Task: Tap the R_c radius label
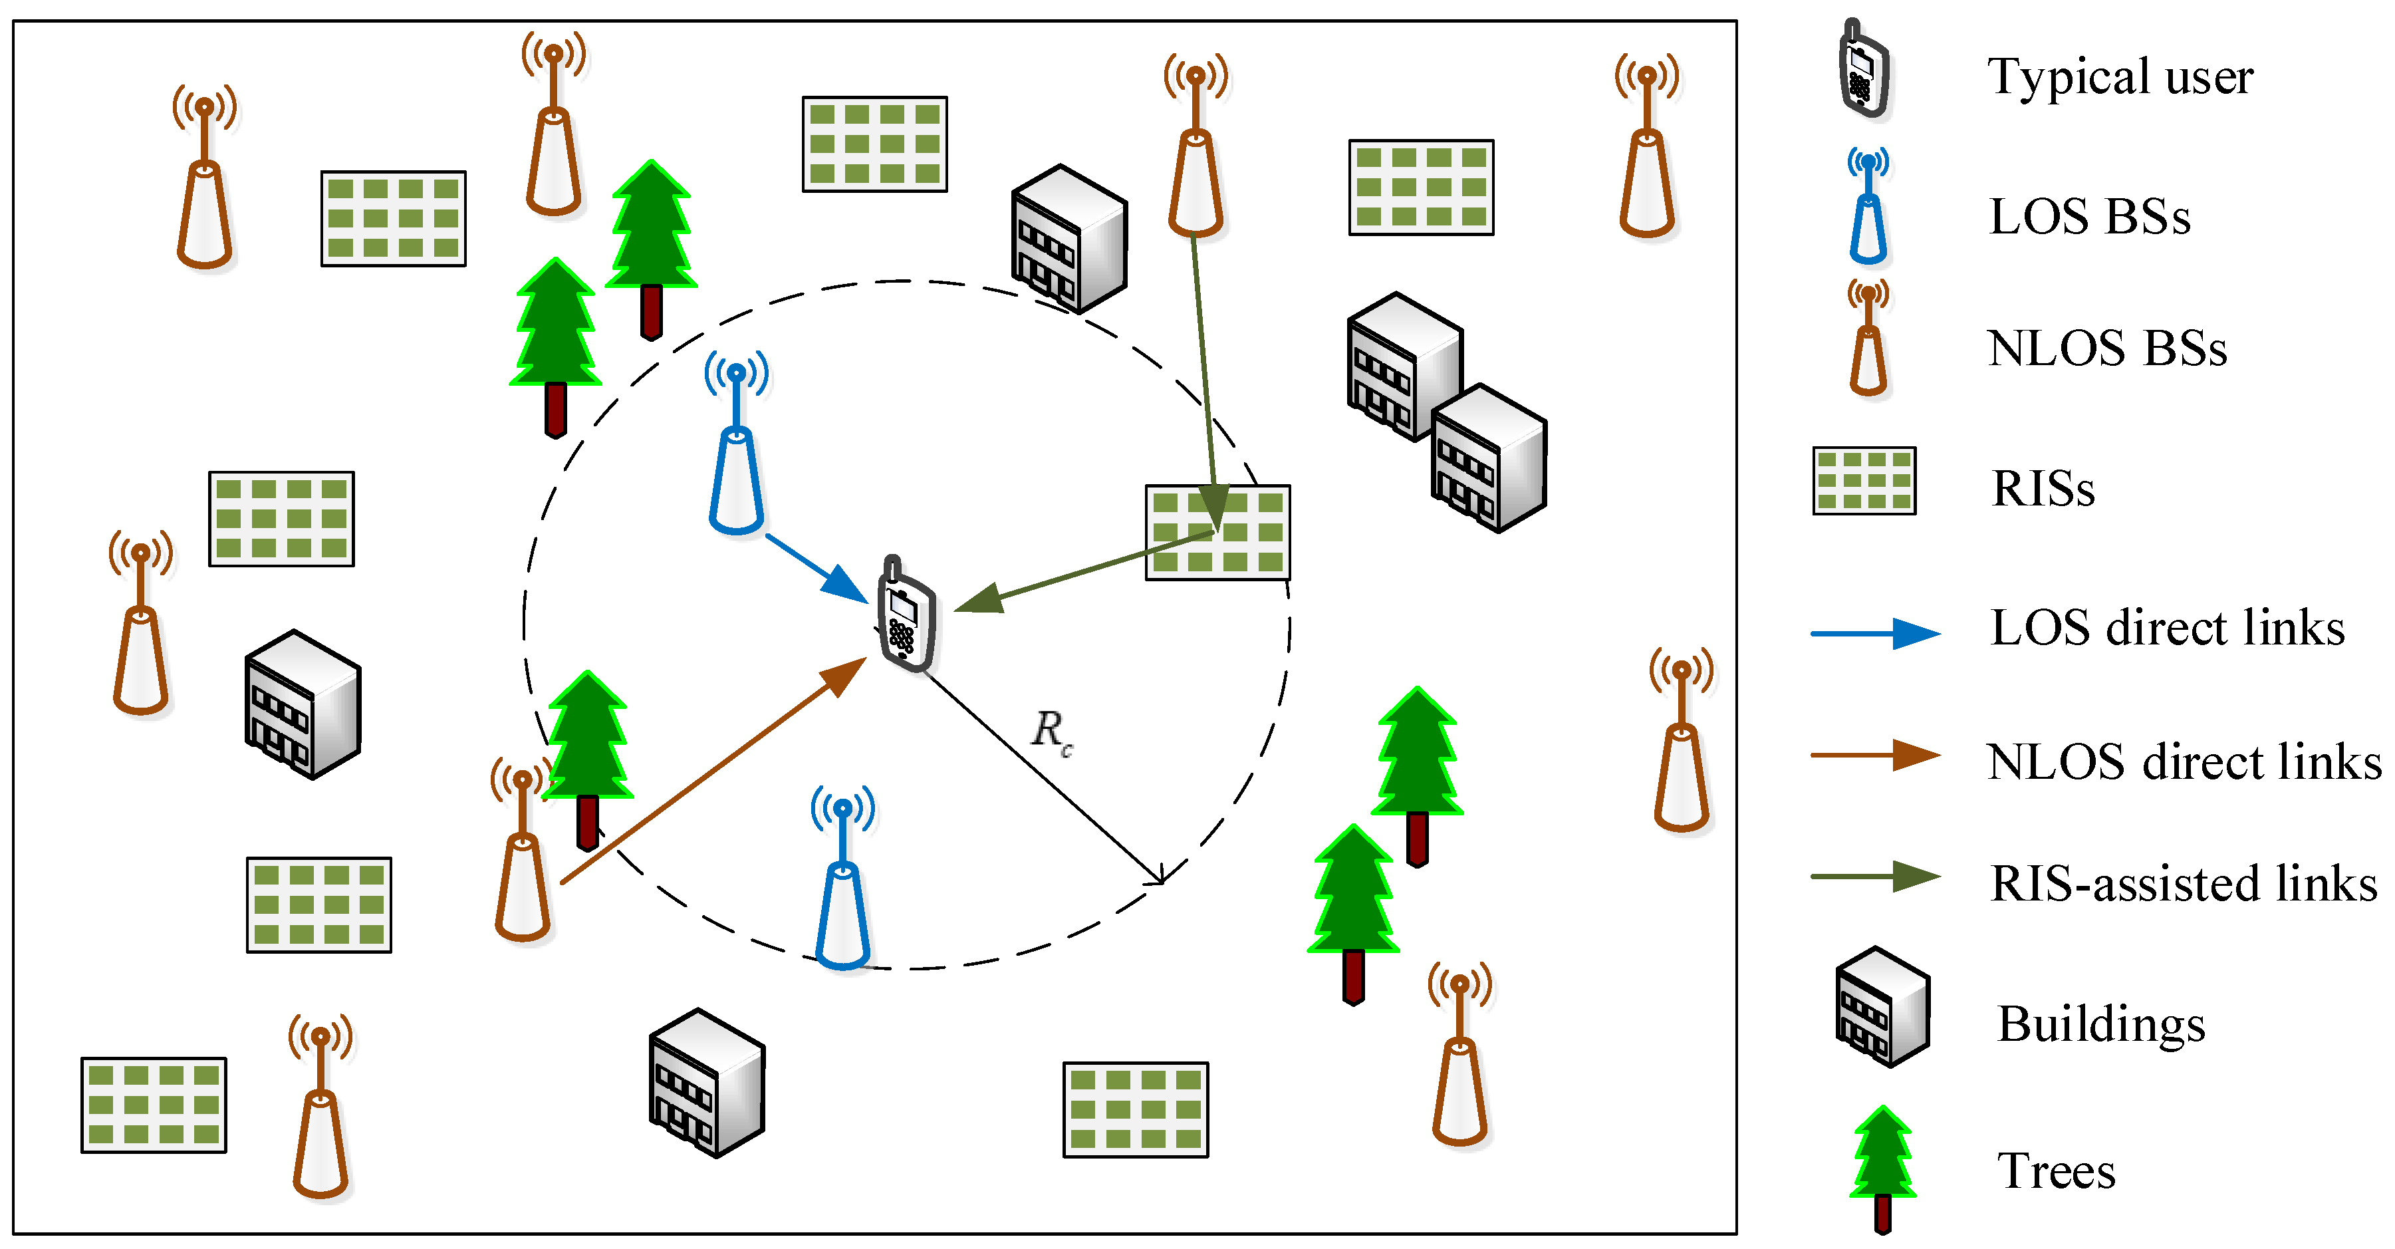click(x=1051, y=731)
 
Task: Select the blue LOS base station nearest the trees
click(x=736, y=446)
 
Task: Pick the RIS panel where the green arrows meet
click(x=1217, y=533)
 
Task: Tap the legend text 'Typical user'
click(x=2120, y=76)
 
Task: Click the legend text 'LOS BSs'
click(x=2089, y=217)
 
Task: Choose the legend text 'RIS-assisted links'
click(x=2183, y=883)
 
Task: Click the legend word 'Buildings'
click(x=2100, y=1024)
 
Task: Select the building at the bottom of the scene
click(x=707, y=1083)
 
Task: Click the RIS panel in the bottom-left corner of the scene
click(x=154, y=1105)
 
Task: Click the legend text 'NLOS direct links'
click(x=2183, y=762)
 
